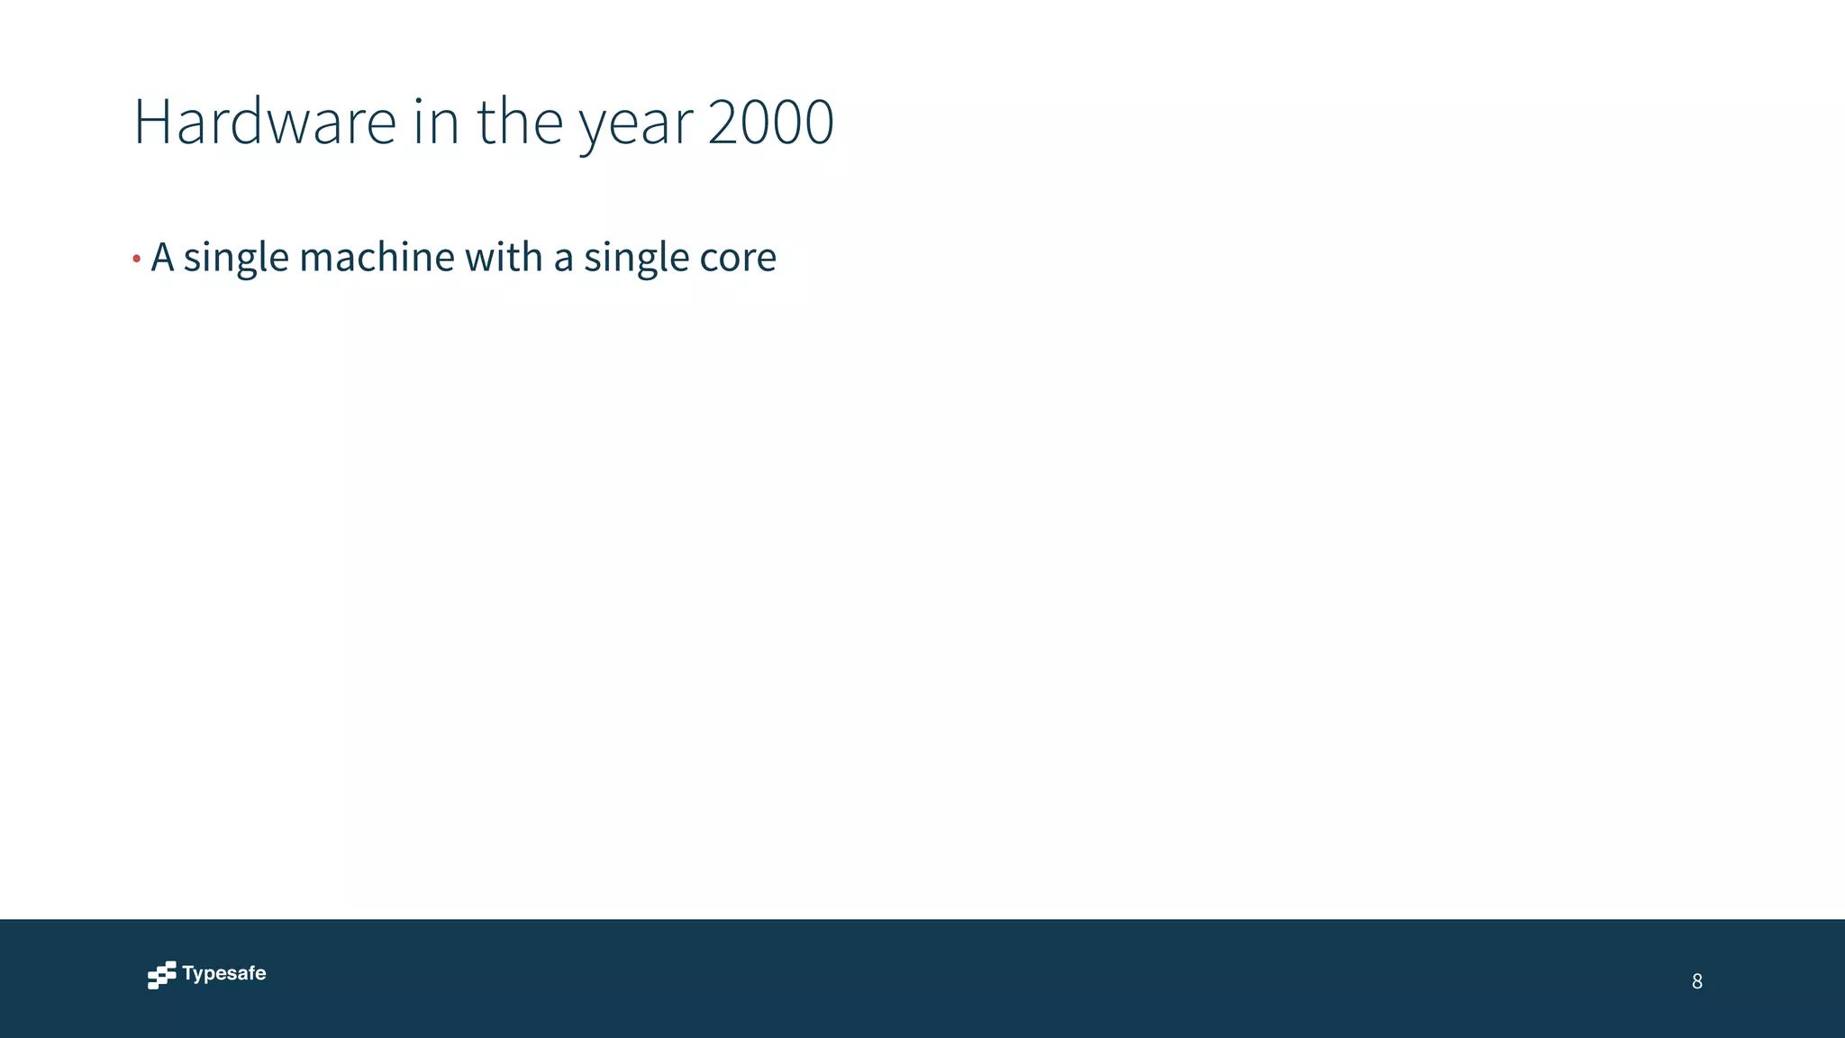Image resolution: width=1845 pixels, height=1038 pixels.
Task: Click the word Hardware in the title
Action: [264, 121]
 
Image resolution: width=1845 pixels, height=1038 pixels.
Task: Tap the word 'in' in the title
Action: [436, 121]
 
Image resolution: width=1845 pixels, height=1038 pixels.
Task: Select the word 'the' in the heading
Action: [520, 121]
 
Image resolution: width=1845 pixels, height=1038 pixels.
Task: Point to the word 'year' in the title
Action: [636, 126]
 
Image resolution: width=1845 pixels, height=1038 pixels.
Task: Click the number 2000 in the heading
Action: [771, 121]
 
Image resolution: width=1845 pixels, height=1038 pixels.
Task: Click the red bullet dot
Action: [136, 259]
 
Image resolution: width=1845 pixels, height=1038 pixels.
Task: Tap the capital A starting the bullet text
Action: [162, 257]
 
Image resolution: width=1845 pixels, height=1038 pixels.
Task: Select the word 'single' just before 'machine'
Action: [236, 259]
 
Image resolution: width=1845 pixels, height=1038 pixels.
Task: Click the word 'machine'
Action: [377, 257]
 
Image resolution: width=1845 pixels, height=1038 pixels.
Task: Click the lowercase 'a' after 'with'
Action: [563, 259]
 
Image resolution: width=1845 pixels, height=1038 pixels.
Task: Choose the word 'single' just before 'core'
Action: [636, 259]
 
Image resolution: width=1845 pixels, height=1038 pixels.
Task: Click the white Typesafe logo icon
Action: [162, 975]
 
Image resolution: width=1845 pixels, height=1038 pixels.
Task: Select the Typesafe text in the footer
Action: [223, 973]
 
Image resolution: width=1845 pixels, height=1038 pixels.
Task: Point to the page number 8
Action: [1696, 981]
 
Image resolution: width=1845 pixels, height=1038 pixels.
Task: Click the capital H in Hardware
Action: [151, 121]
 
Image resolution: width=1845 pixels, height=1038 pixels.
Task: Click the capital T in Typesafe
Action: [188, 973]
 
